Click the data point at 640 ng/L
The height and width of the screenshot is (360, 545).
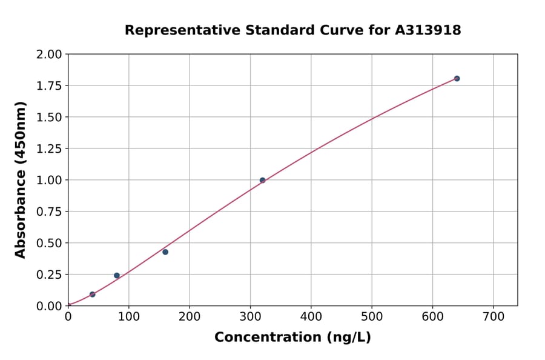(457, 78)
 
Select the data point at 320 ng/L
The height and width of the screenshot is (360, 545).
(262, 180)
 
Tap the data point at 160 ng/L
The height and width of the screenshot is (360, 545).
(165, 252)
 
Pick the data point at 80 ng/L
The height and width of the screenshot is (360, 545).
(117, 275)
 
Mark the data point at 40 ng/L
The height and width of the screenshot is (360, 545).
(92, 295)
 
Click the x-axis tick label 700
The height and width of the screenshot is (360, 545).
(493, 317)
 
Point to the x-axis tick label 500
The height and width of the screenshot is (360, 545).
(372, 317)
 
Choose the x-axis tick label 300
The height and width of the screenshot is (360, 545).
(250, 317)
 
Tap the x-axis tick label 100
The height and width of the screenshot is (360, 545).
(128, 317)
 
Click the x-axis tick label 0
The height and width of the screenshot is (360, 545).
(68, 317)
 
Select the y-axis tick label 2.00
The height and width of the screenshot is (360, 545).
(50, 55)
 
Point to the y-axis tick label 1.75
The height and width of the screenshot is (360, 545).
(50, 85)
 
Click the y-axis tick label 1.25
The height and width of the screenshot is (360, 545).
(50, 148)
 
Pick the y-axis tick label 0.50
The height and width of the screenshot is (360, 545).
(50, 243)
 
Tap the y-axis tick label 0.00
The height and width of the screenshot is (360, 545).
(50, 306)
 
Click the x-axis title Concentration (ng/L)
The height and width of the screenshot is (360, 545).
(292, 337)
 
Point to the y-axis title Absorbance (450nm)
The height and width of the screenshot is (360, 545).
(21, 180)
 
